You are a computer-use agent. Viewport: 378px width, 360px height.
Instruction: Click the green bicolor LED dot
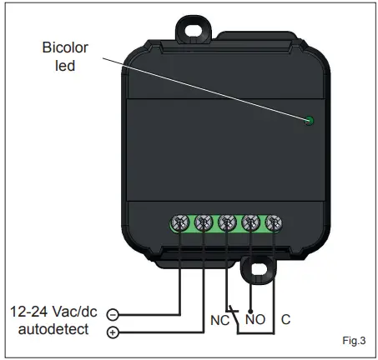pyautogui.click(x=309, y=122)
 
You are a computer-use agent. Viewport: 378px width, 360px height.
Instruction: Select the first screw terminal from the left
pyautogui.click(x=179, y=223)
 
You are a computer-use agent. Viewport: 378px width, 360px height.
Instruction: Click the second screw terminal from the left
pyautogui.click(x=203, y=223)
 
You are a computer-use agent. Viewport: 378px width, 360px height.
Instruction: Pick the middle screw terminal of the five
pyautogui.click(x=226, y=223)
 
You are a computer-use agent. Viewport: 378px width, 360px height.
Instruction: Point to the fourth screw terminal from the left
pyautogui.click(x=249, y=223)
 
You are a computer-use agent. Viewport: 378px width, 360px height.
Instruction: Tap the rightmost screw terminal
pyautogui.click(x=273, y=223)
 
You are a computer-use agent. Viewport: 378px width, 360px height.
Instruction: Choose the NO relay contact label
pyautogui.click(x=255, y=318)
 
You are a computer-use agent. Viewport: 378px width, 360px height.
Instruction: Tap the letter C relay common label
pyautogui.click(x=286, y=318)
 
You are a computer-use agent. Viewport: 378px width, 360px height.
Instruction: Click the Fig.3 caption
pyautogui.click(x=354, y=341)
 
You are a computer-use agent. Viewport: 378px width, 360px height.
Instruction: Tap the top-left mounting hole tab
pyautogui.click(x=194, y=25)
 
